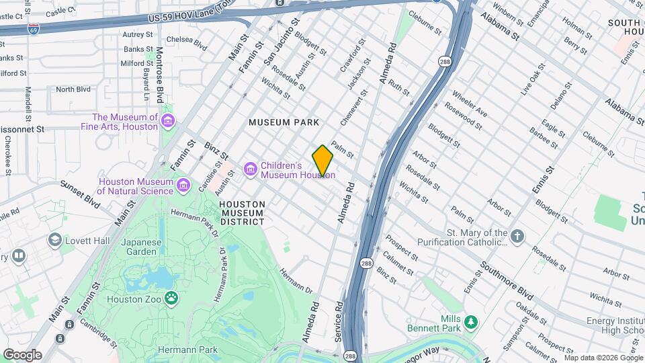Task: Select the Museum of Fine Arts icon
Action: (168, 121)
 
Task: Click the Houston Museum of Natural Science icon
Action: (182, 185)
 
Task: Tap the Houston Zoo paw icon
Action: (173, 296)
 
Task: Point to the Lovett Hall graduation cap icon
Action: (54, 240)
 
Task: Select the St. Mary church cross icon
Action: (517, 236)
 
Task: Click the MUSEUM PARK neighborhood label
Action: (284, 122)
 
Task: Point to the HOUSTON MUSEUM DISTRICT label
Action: (242, 212)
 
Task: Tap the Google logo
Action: (22, 354)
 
